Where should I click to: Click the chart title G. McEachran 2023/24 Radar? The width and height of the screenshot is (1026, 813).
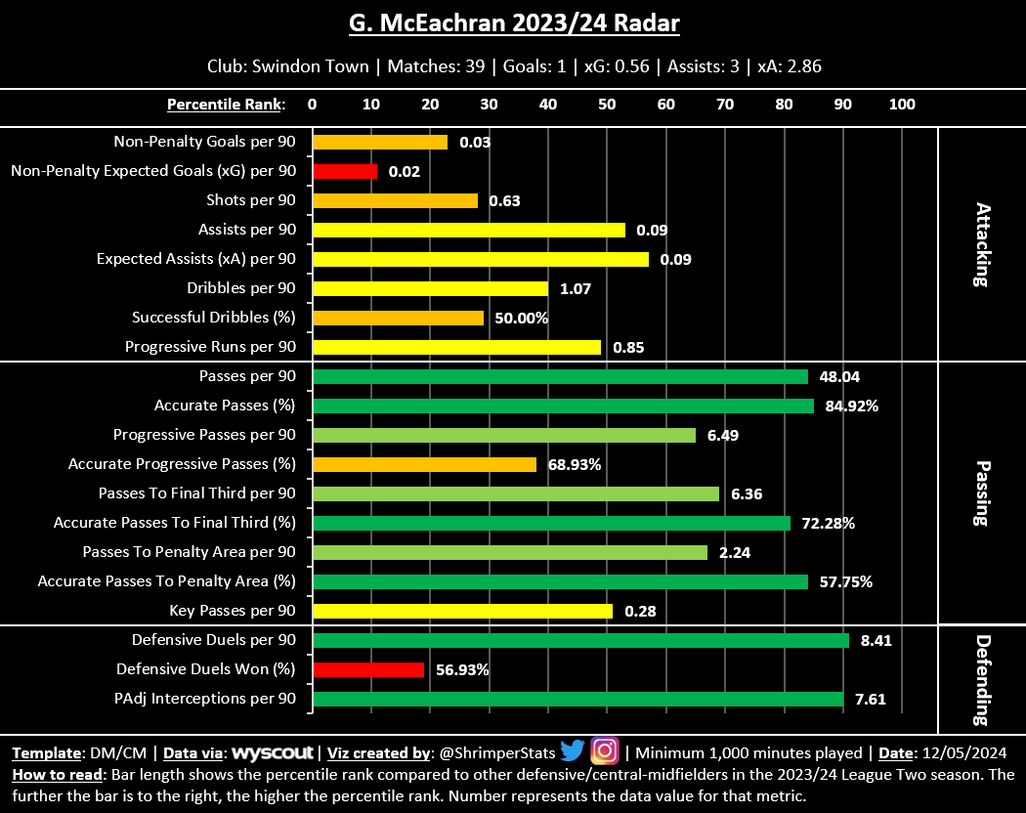pos(512,22)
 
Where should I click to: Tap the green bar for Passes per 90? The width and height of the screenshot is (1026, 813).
pos(560,376)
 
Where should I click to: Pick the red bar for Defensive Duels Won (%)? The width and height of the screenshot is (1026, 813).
pos(368,669)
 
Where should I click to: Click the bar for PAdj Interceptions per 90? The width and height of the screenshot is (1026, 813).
pos(577,699)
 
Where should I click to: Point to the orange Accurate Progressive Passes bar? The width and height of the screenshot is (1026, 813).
pos(424,464)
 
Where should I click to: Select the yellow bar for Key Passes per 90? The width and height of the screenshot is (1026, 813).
pos(462,611)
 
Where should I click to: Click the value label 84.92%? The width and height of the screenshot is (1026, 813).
pos(851,406)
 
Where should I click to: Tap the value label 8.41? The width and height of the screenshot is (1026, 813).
pos(876,640)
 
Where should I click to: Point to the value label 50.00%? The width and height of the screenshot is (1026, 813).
pos(520,318)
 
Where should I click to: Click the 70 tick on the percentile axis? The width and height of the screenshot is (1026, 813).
pos(725,105)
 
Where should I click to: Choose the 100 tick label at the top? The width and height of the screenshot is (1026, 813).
pos(902,105)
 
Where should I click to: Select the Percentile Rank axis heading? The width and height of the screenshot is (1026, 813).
pos(226,105)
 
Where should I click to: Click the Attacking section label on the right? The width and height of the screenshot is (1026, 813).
pos(982,244)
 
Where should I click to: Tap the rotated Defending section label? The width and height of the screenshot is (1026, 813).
pos(982,679)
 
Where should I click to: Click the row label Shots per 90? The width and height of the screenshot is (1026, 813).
pos(251,200)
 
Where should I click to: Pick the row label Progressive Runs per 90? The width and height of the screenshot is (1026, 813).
pos(210,347)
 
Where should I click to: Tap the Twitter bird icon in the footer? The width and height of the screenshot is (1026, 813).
pos(573,750)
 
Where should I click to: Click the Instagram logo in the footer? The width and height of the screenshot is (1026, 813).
pos(606,750)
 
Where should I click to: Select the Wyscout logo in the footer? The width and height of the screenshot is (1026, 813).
pos(273,752)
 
